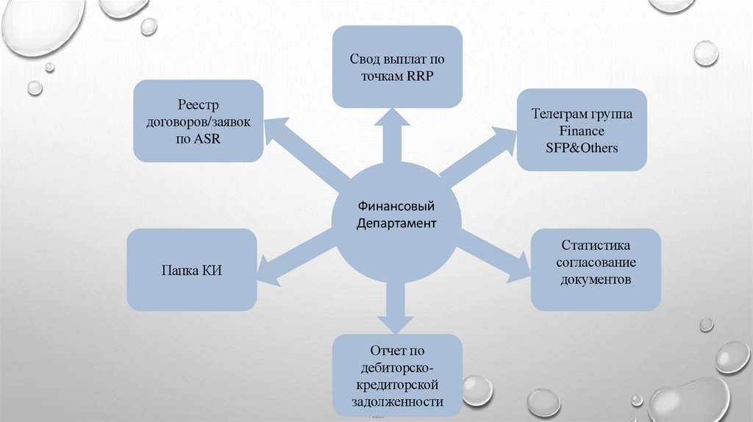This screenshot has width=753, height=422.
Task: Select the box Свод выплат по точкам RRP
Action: [397, 66]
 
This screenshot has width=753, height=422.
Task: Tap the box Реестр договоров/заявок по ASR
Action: [198, 121]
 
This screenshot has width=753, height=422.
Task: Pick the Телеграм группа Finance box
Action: [582, 131]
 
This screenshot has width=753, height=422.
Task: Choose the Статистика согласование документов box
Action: [596, 268]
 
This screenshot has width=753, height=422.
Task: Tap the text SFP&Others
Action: [582, 147]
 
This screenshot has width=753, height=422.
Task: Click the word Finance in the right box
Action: [582, 131]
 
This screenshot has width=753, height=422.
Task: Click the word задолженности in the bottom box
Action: [398, 401]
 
